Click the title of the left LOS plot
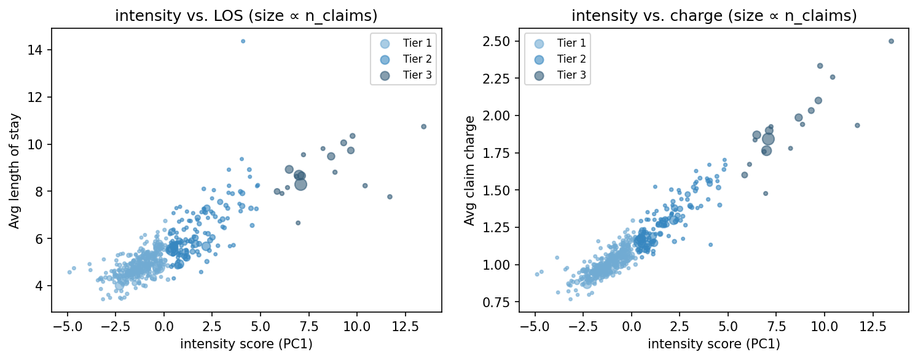pyautogui.click(x=246, y=16)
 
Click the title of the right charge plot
pyautogui.click(x=714, y=16)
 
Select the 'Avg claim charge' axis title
pyautogui.click(x=470, y=170)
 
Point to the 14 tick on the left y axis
pyautogui.click(x=37, y=50)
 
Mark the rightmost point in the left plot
pyautogui.click(x=423, y=127)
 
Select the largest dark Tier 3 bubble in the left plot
pyautogui.click(x=300, y=184)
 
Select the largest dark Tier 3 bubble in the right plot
pyautogui.click(x=768, y=139)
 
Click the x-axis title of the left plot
pyautogui.click(x=246, y=345)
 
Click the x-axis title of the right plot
pyautogui.click(x=714, y=345)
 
